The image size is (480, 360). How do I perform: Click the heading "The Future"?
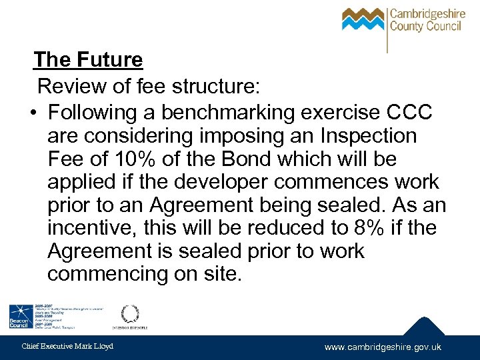point(88,60)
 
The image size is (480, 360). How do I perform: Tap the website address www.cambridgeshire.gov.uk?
point(383,347)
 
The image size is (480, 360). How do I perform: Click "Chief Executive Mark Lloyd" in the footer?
point(68,346)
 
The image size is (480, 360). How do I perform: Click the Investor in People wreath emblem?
point(129,314)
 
